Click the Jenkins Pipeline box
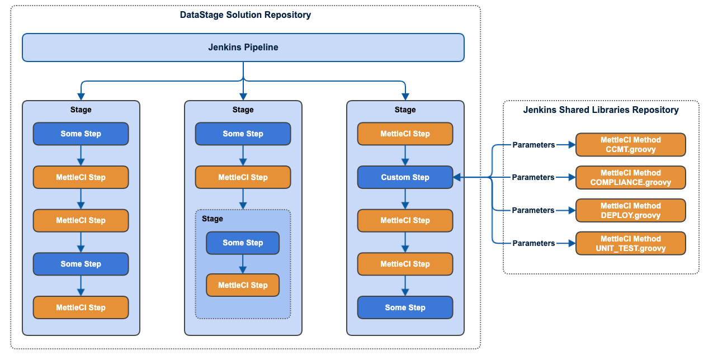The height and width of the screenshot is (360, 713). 243,48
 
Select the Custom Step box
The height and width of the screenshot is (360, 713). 405,177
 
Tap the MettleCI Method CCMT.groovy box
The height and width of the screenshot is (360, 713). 630,145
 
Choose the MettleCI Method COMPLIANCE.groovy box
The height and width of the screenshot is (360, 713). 630,177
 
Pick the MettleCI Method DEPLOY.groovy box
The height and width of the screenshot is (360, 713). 630,210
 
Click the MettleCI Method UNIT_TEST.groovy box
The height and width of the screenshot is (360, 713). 630,243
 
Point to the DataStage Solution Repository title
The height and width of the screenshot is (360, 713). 245,15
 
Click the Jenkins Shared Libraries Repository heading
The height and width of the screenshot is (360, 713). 601,110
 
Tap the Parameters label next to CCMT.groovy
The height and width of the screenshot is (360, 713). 533,145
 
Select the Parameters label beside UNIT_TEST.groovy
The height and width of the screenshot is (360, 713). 533,243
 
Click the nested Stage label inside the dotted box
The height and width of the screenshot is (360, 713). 213,219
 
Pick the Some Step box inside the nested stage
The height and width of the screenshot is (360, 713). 243,243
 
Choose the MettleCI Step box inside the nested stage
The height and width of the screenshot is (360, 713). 243,285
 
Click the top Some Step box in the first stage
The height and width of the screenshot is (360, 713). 81,134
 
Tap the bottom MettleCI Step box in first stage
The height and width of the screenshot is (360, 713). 81,307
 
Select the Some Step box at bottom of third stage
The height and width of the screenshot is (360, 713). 405,307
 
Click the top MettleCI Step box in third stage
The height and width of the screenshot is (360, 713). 405,134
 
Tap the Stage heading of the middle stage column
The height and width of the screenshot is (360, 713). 243,110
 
